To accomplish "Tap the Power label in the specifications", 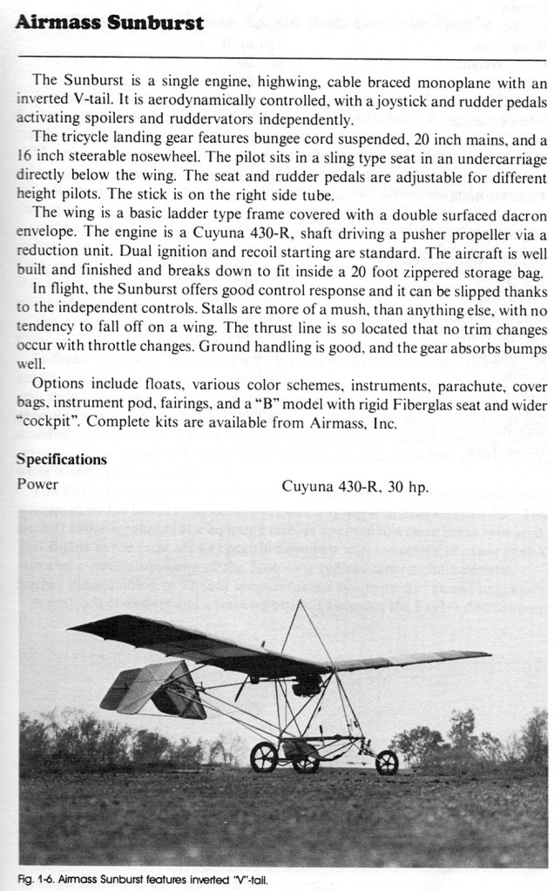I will [37, 483].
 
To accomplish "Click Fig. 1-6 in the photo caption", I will [34, 878].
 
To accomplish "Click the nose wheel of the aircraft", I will [387, 762].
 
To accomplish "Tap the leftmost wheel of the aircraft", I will [263, 757].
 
